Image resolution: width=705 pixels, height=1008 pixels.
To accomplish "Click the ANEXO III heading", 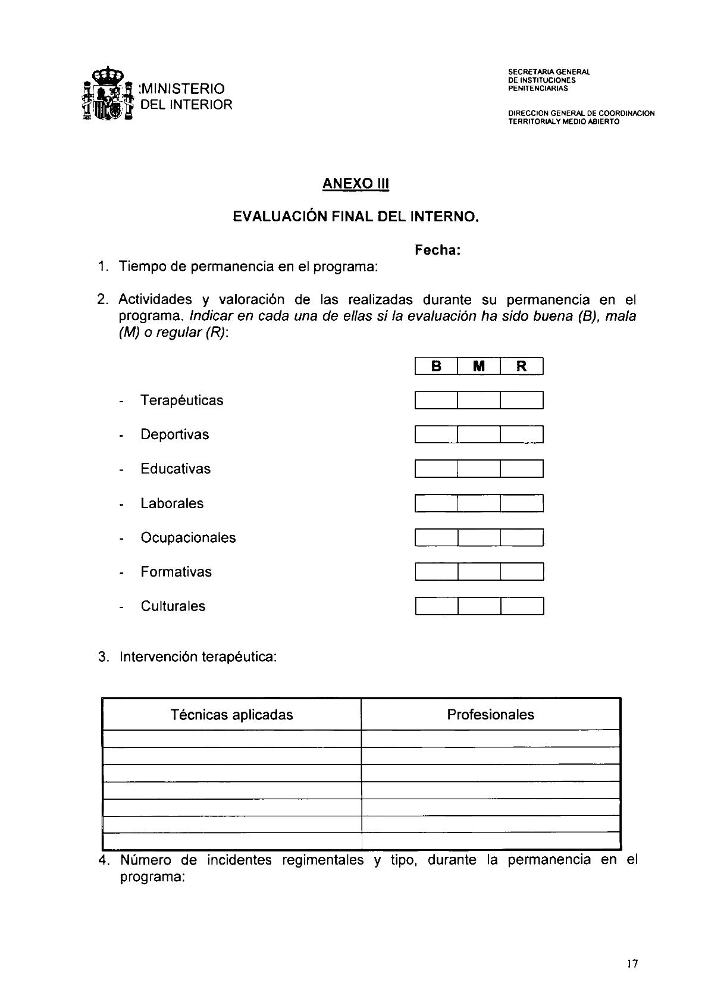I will pos(355,183).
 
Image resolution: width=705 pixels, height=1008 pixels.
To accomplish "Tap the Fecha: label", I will pos(437,251).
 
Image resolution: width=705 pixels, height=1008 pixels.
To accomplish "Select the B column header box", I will pos(436,366).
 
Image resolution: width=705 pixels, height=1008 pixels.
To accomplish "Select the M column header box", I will pos(479,366).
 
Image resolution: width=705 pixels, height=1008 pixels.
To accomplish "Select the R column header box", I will pos(522,366).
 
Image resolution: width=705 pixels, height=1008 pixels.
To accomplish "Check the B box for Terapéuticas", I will pos(436,400).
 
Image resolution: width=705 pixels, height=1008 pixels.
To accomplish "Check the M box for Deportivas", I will pos(479,434).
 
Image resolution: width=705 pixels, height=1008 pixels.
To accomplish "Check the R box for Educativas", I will pos(522,469).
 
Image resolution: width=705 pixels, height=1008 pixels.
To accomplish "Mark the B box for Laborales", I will pos(436,503).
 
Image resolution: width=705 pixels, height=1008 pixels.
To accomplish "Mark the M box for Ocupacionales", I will pos(479,538).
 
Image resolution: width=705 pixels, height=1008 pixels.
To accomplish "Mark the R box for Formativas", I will pos(522,572).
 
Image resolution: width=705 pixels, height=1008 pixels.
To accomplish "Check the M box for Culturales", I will pos(479,606).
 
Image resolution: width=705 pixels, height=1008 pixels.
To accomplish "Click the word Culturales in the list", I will pos(173,606).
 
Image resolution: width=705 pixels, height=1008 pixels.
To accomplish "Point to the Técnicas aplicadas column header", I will pos(231,715).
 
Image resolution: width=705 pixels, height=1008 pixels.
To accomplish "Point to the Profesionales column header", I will pos(490,715).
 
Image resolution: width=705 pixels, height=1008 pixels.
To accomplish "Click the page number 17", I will pos(632,964).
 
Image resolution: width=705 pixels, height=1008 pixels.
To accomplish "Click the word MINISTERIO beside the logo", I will pos(182,89).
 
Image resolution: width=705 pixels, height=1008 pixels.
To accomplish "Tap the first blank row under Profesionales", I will pos(490,738).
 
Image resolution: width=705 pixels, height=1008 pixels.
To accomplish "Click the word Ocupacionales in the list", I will pos(188,538).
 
